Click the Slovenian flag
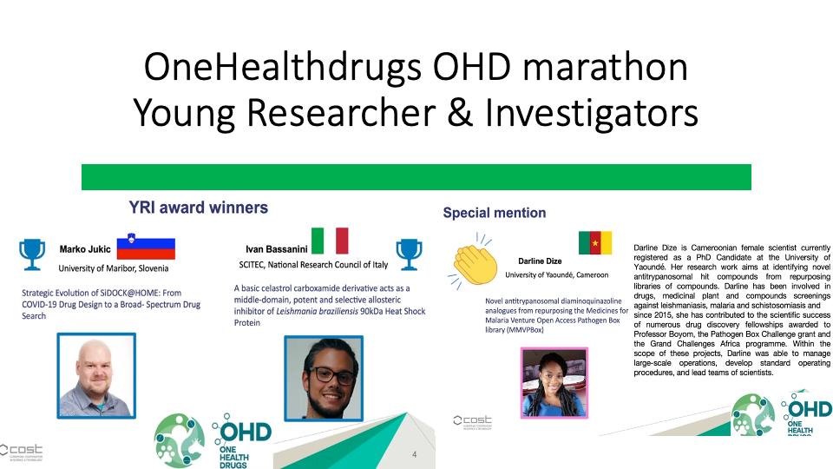pyautogui.click(x=146, y=246)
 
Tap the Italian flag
pyautogui.click(x=330, y=241)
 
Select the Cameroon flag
pyautogui.click(x=595, y=242)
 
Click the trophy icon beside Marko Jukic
pyautogui.click(x=32, y=254)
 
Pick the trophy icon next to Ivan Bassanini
pyautogui.click(x=409, y=254)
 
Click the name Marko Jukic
pyautogui.click(x=85, y=249)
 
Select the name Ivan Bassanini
pyautogui.click(x=276, y=249)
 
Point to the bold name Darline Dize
pyautogui.click(x=540, y=261)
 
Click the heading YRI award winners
pyautogui.click(x=198, y=208)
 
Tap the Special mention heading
pyautogui.click(x=495, y=213)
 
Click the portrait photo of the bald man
pyautogui.click(x=96, y=375)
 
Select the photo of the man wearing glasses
pyautogui.click(x=324, y=378)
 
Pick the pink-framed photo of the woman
pyautogui.click(x=554, y=383)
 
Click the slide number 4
pyautogui.click(x=415, y=454)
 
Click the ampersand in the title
pyautogui.click(x=460, y=113)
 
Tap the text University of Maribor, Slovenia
pyautogui.click(x=113, y=268)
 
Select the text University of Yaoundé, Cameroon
pyautogui.click(x=557, y=275)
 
